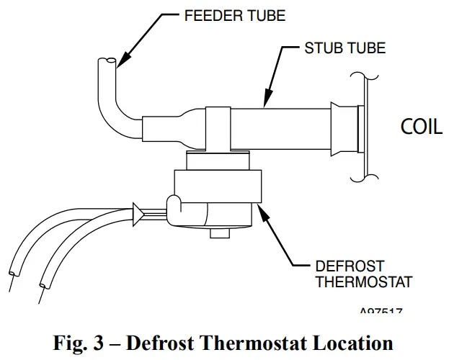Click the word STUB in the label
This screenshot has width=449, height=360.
[x=323, y=49]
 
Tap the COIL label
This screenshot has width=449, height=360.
[x=421, y=127]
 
